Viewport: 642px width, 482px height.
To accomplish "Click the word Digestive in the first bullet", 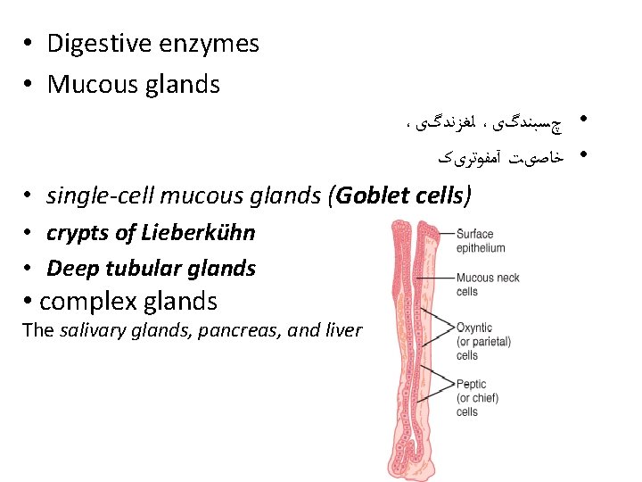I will coord(97,43).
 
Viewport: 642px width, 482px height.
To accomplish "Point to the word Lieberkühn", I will coord(198,233).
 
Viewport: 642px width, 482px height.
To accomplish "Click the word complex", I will coord(85,301).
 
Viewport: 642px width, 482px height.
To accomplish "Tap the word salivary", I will coord(90,330).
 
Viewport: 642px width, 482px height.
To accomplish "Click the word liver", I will coord(344,330).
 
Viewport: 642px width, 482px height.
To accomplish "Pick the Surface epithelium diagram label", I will coord(480,241).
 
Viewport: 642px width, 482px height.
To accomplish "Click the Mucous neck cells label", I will coord(487,284).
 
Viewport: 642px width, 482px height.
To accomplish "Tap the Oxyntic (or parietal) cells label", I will coord(482,341).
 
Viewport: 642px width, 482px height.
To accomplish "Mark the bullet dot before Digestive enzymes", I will coord(29,43).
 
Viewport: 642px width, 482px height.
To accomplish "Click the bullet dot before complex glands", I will coord(29,301).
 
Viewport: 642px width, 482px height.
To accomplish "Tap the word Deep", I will coord(68,268).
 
